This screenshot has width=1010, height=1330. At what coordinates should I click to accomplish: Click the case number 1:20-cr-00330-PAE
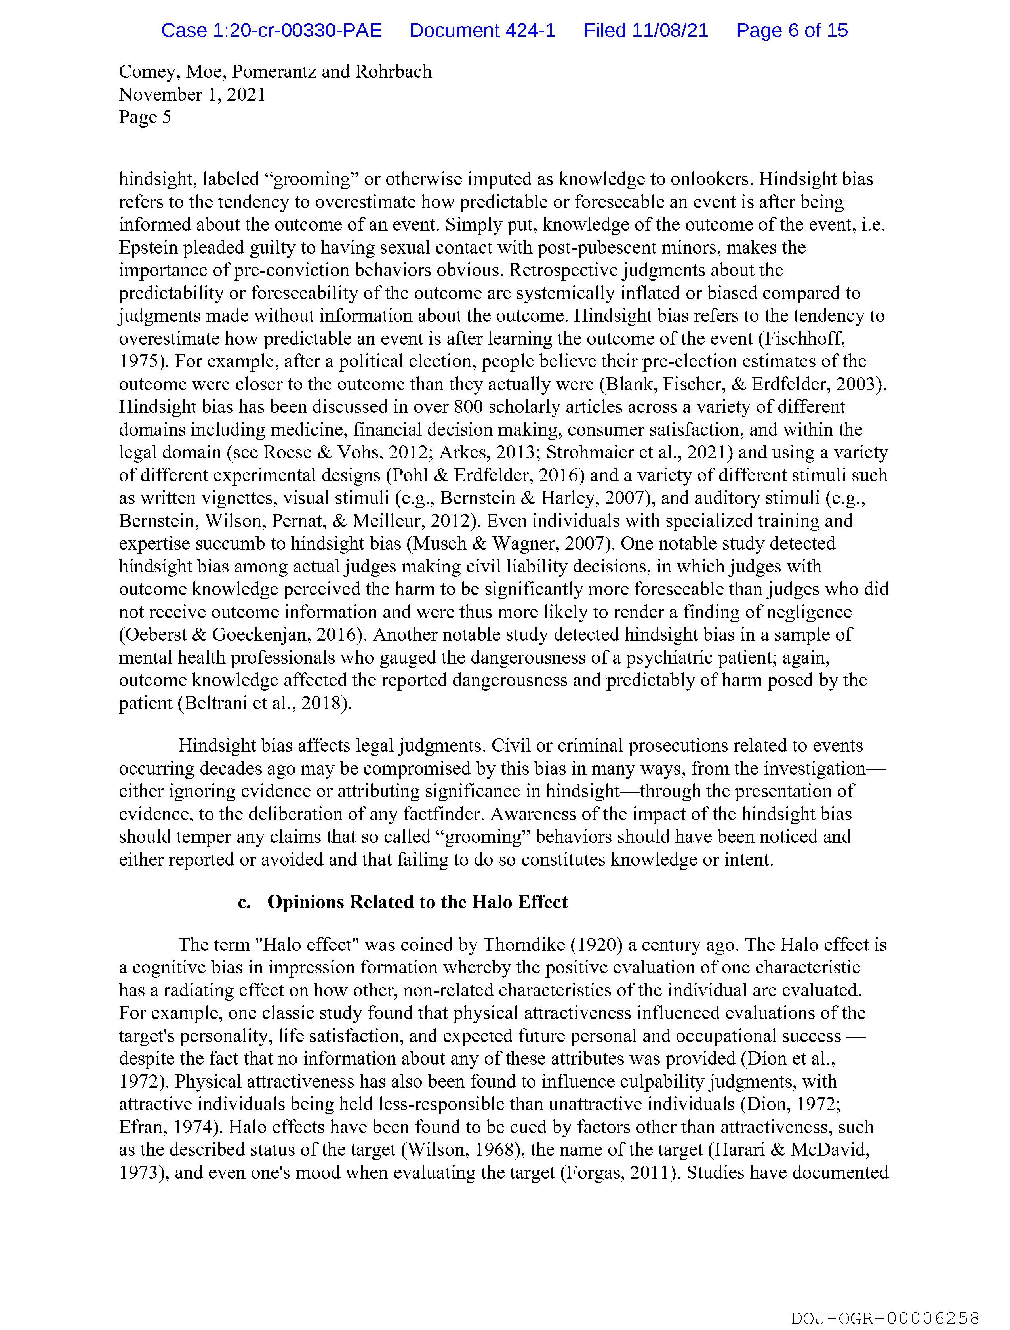pyautogui.click(x=271, y=31)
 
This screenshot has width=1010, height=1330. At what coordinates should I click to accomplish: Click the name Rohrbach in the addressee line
pyautogui.click(x=393, y=72)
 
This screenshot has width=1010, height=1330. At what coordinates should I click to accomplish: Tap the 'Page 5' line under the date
pyautogui.click(x=145, y=117)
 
